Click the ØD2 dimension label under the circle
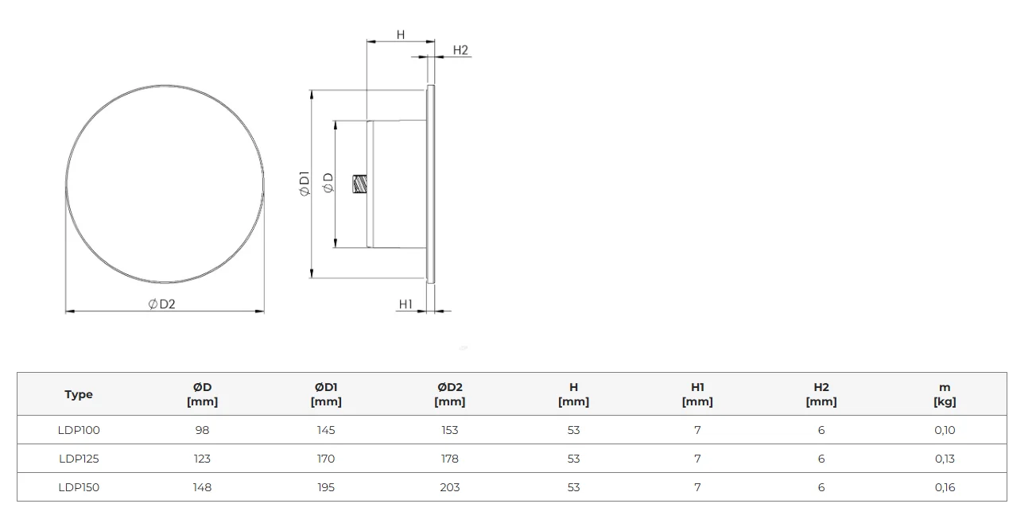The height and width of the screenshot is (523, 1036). pyautogui.click(x=162, y=304)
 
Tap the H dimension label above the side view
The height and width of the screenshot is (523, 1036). pyautogui.click(x=401, y=35)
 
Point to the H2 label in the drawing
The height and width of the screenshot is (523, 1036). pyautogui.click(x=460, y=50)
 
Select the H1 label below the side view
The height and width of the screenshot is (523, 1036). pyautogui.click(x=405, y=304)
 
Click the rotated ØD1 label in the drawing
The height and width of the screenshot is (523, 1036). pyautogui.click(x=305, y=184)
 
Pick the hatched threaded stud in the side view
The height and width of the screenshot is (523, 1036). pyautogui.click(x=360, y=184)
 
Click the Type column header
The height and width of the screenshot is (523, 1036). pyautogui.click(x=79, y=394)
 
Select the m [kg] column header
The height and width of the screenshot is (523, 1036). pyautogui.click(x=945, y=394)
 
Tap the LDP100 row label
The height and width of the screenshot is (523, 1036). pyautogui.click(x=79, y=430)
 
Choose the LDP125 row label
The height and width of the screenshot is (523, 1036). pyautogui.click(x=79, y=459)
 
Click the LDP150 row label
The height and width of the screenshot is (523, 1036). pyautogui.click(x=79, y=487)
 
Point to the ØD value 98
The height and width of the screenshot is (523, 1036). pyautogui.click(x=202, y=430)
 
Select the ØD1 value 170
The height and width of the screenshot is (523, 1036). pyautogui.click(x=326, y=459)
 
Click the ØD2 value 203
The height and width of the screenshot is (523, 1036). pyautogui.click(x=449, y=487)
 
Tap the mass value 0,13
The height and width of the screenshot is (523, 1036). pyautogui.click(x=945, y=459)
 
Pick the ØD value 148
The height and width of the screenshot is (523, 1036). pyautogui.click(x=202, y=487)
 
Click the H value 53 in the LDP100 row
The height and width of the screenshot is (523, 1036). pyautogui.click(x=573, y=430)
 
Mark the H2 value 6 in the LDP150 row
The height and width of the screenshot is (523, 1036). pyautogui.click(x=821, y=487)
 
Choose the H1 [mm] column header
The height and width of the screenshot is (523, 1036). pyautogui.click(x=697, y=394)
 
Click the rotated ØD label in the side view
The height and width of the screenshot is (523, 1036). pyautogui.click(x=328, y=183)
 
